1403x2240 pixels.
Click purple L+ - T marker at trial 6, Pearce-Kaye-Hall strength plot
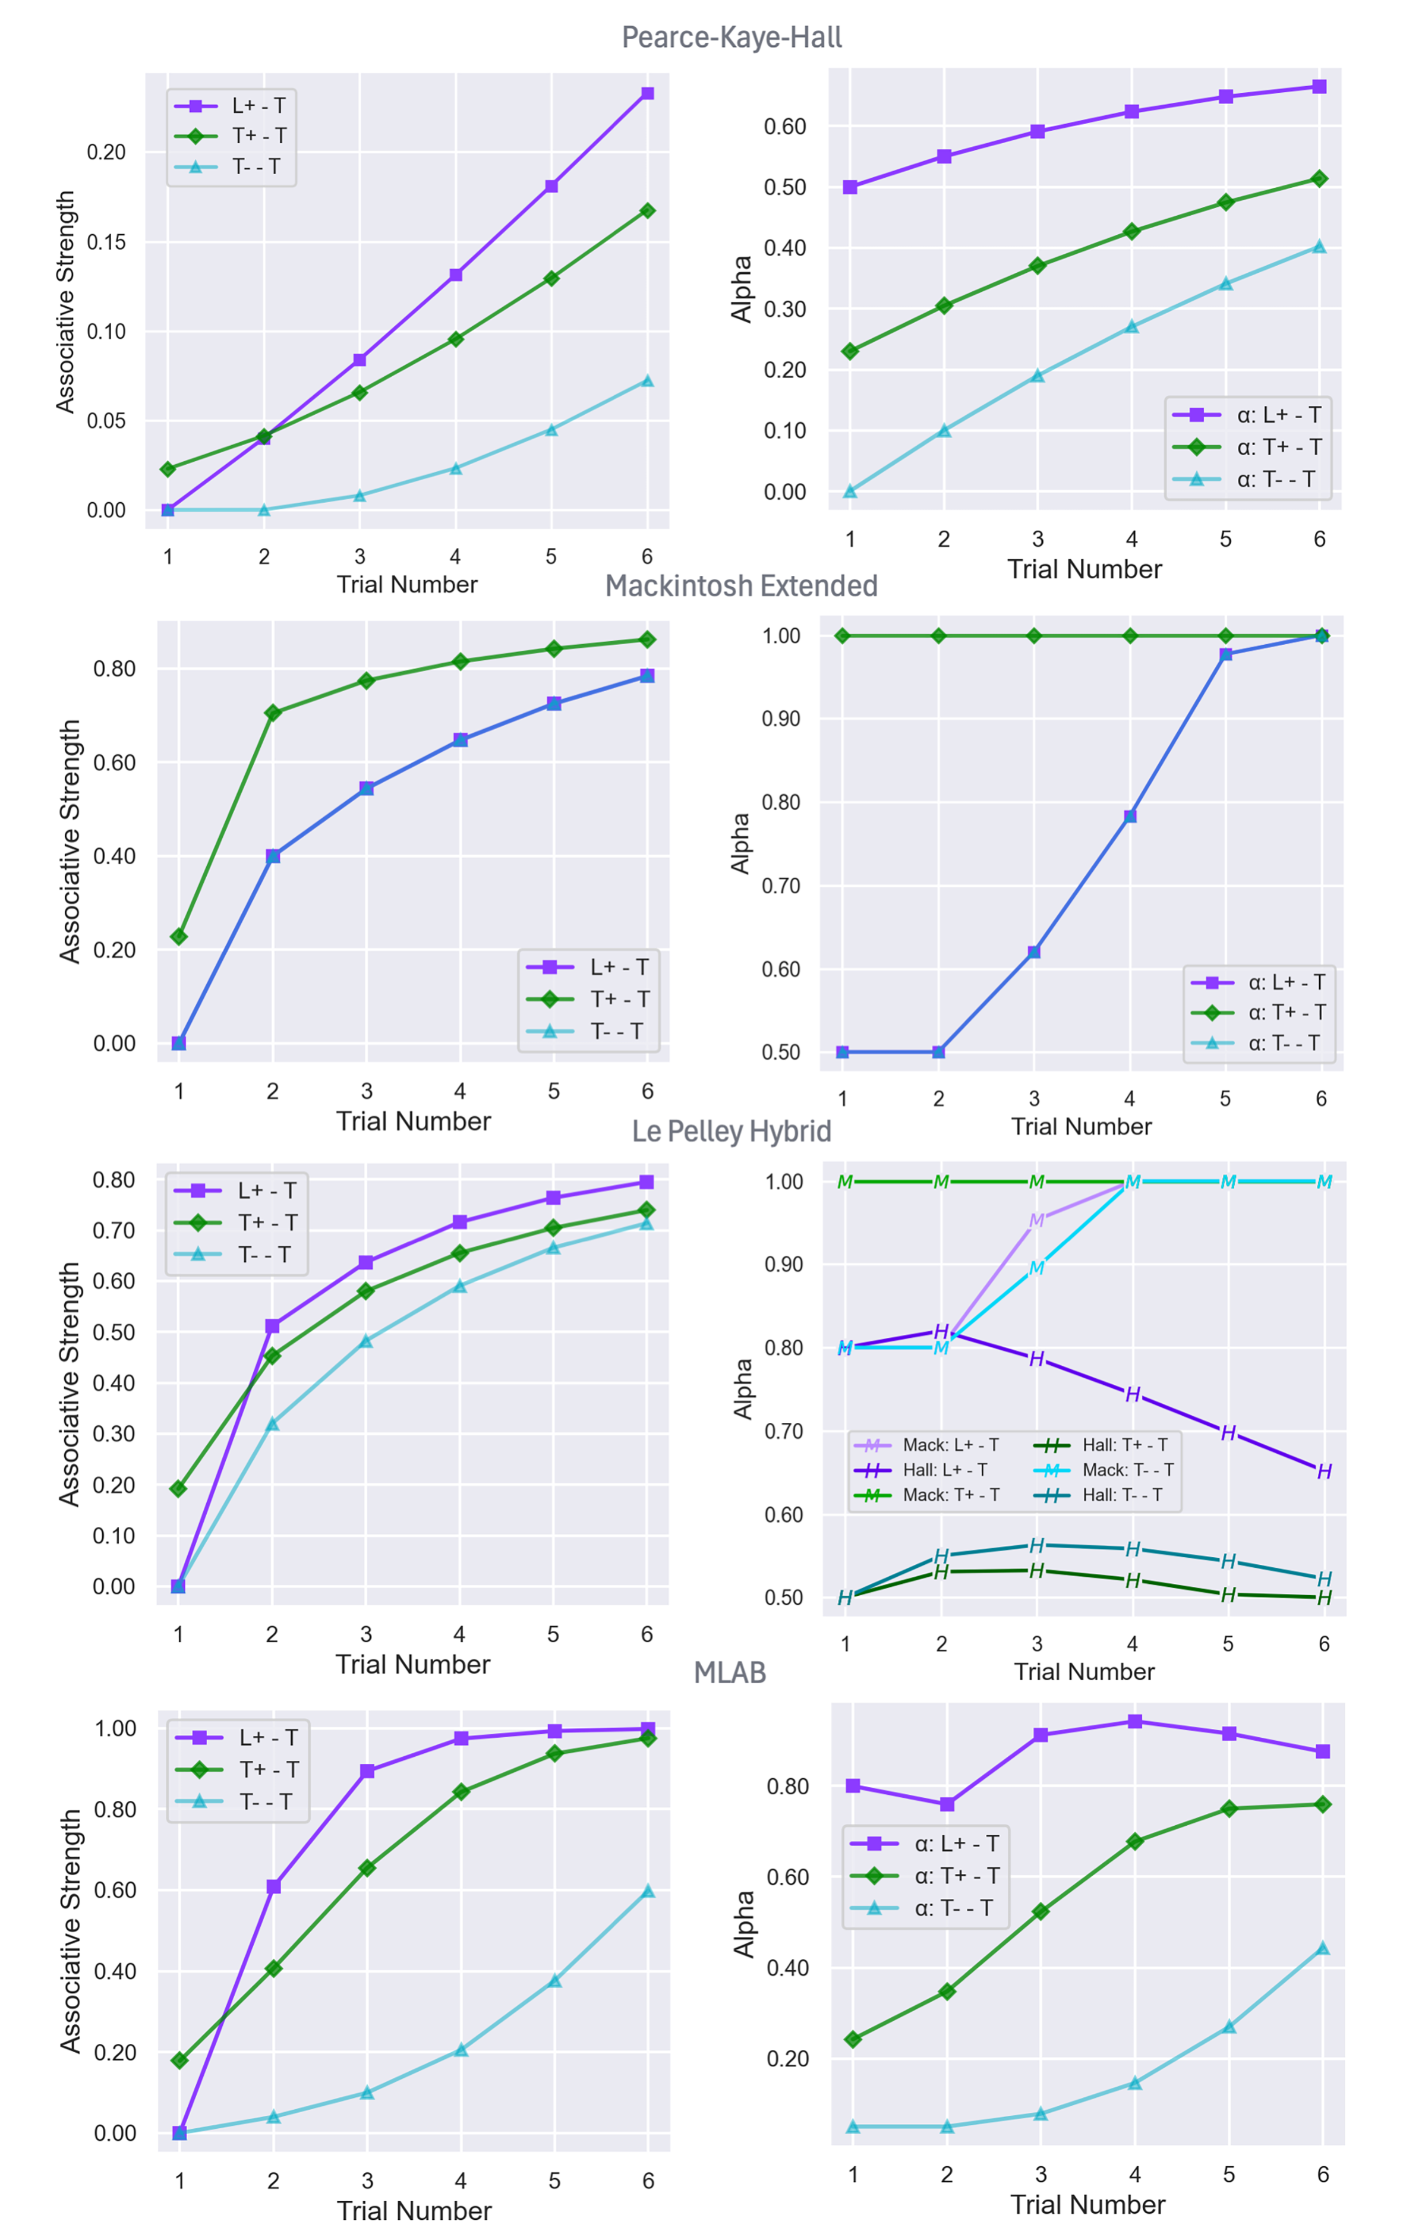point(648,94)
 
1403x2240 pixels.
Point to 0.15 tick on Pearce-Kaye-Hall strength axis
point(106,242)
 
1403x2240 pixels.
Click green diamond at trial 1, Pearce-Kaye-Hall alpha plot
point(850,351)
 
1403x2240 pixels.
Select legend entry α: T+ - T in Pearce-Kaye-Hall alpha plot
point(1278,448)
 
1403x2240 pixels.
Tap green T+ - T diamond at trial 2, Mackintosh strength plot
point(273,713)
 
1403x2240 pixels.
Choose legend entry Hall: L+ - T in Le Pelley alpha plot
point(944,1470)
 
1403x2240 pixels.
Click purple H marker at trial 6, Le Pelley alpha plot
point(1324,1471)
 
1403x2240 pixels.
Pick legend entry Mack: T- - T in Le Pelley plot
point(1127,1470)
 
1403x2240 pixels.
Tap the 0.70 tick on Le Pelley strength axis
point(113,1230)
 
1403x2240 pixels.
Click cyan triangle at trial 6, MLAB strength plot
point(648,1891)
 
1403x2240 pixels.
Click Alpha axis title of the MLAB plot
point(744,1924)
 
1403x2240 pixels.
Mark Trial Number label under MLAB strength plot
point(414,2211)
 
